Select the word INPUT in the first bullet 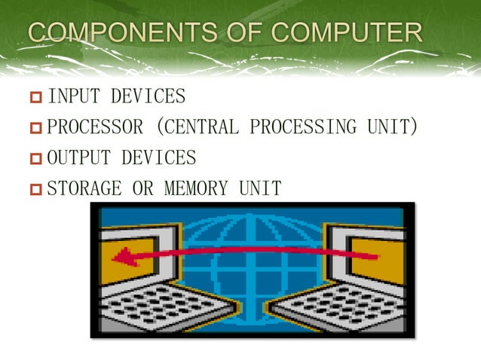pyautogui.click(x=74, y=96)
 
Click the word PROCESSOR pyautogui.click(x=94, y=127)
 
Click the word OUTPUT pyautogui.click(x=78, y=158)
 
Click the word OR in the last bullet pyautogui.click(x=142, y=188)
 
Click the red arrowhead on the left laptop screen pyautogui.click(x=123, y=258)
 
